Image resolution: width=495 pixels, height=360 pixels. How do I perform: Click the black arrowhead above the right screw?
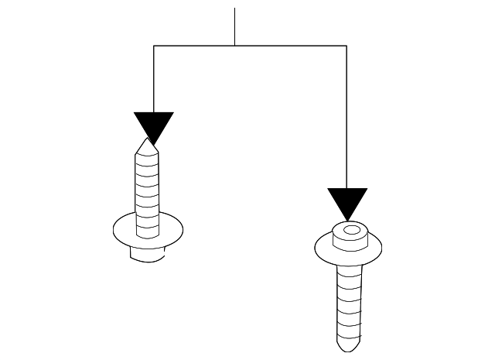(x=347, y=201)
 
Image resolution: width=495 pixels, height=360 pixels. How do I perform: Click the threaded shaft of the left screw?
(x=148, y=194)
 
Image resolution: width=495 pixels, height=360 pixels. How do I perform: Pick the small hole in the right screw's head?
(x=352, y=230)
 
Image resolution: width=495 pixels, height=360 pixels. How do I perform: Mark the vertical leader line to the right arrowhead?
(x=346, y=116)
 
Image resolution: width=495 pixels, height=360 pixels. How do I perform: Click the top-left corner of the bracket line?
(x=154, y=46)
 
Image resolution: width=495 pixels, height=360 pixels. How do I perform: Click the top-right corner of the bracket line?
(x=346, y=46)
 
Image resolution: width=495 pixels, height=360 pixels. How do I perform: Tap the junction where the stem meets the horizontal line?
(x=234, y=46)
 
